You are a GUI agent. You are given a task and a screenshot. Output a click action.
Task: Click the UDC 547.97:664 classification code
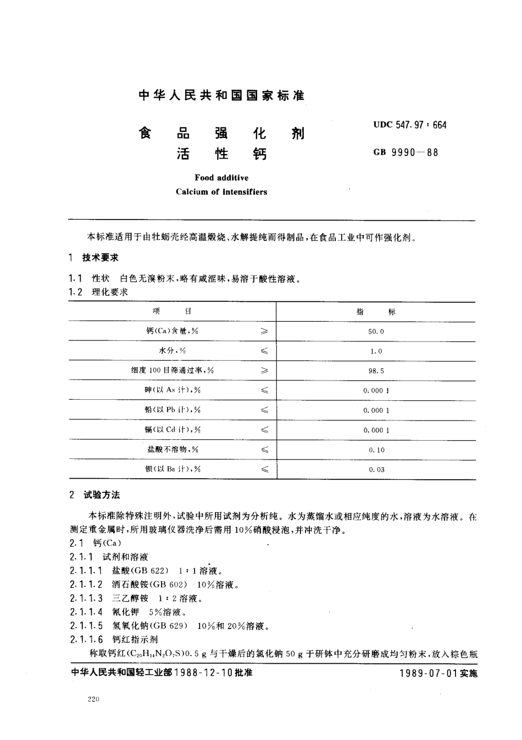tap(409, 125)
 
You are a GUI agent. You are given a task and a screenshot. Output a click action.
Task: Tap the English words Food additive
tap(221, 178)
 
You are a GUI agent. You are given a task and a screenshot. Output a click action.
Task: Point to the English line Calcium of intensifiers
tap(221, 192)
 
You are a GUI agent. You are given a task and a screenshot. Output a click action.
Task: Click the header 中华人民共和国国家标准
tap(221, 96)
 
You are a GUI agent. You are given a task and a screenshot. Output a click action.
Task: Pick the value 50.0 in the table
tap(376, 332)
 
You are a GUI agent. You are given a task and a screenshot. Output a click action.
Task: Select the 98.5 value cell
tap(376, 371)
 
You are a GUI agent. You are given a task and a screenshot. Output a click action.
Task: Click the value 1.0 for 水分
tap(376, 351)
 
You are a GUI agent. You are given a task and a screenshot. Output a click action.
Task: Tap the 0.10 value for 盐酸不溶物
tap(376, 450)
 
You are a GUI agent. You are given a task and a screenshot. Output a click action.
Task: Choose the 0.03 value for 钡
tap(376, 470)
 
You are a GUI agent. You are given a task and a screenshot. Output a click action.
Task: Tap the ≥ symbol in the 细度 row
tap(264, 371)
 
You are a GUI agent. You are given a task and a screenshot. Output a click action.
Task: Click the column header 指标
tap(376, 312)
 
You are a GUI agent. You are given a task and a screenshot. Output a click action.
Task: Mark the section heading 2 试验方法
tap(95, 495)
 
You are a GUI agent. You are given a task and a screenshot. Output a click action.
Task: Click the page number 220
tap(93, 700)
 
